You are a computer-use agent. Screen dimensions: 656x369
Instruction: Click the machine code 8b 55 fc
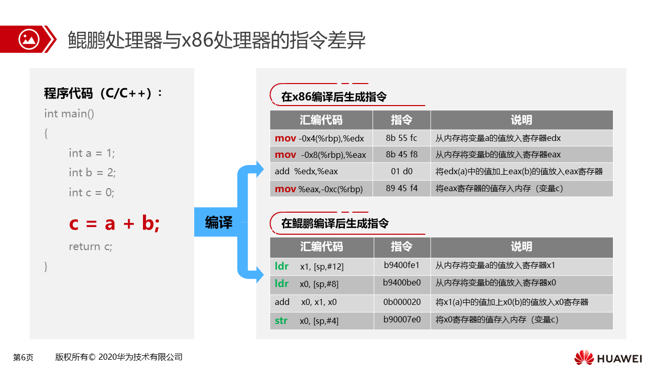coord(401,138)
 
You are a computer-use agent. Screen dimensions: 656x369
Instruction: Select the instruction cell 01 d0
coord(401,171)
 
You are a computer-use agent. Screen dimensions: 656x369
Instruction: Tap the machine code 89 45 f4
coord(401,188)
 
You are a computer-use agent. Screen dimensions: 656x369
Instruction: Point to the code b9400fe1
coord(401,265)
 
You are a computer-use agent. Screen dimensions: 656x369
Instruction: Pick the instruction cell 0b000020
coord(402,302)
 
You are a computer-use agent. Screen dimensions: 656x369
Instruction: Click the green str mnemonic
coord(281,321)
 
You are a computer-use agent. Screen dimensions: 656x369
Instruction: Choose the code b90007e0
coord(402,319)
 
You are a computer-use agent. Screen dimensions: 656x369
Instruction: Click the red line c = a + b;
coord(114,223)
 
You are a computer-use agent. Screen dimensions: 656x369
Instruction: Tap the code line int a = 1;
coord(92,153)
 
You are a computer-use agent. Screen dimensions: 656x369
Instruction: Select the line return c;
coord(91,247)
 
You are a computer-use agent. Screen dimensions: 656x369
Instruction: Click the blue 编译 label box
coord(216,222)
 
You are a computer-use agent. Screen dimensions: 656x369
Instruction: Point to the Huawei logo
coord(608,358)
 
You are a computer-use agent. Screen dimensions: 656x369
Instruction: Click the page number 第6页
coord(23,357)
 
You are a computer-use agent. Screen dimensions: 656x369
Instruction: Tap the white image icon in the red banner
coord(29,39)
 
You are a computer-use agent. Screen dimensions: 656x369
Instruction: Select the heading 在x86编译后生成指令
coord(334,97)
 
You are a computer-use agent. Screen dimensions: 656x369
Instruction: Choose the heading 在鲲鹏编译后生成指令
coord(335,223)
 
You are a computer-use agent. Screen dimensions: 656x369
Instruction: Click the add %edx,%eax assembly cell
coord(306,171)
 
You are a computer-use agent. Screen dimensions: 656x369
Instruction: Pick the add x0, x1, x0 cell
coord(306,302)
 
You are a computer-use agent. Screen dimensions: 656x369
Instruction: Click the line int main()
coord(69,114)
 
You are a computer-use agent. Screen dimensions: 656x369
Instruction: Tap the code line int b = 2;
coord(92,173)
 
